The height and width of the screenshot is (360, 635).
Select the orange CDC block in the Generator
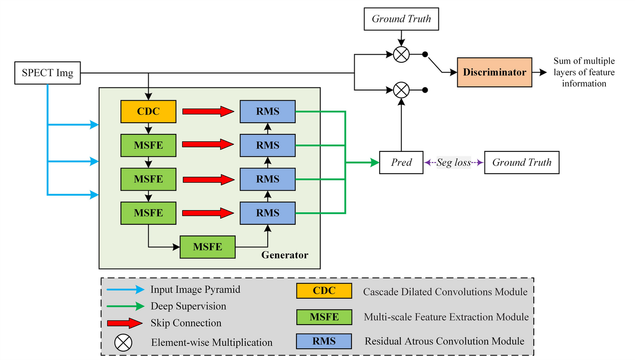tap(148, 111)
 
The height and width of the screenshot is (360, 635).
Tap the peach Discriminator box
tap(494, 72)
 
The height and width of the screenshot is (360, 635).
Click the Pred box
tap(401, 162)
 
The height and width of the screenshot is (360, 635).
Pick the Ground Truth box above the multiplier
tap(401, 19)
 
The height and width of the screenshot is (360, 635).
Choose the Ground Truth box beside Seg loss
tap(522, 162)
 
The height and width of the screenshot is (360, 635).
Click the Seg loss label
tap(454, 163)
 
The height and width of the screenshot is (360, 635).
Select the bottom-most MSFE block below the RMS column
tap(207, 247)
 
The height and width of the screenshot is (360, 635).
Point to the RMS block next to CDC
tap(268, 111)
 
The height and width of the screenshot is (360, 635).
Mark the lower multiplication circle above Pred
tap(401, 90)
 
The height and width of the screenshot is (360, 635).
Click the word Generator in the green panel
tap(285, 255)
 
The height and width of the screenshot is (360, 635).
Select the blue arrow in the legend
tap(125, 290)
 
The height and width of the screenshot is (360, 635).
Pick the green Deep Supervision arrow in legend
tap(125, 306)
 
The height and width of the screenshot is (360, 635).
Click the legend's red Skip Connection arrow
tap(125, 323)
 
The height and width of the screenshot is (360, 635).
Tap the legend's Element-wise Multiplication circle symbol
tap(122, 343)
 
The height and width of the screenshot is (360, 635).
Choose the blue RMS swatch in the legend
tap(324, 341)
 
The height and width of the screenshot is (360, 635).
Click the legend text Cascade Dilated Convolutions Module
tap(445, 292)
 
